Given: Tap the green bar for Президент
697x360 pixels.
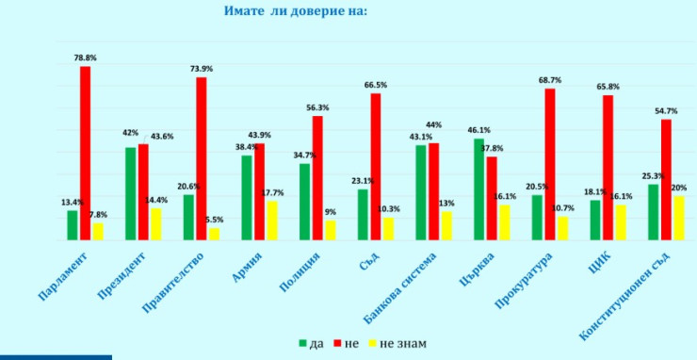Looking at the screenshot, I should [131, 193].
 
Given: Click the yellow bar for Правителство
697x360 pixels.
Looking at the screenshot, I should [214, 234].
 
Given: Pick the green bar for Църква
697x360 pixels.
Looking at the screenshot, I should [478, 188].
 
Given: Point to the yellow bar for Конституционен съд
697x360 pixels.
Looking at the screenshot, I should [678, 218].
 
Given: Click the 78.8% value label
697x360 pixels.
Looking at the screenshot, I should [86, 57].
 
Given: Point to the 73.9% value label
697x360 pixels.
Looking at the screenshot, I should [202, 69].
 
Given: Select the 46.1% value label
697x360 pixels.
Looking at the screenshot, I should [478, 130].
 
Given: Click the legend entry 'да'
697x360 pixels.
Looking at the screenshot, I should [310, 343].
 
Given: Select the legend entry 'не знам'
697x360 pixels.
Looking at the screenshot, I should [397, 343].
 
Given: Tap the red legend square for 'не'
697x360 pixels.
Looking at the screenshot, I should [337, 343].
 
